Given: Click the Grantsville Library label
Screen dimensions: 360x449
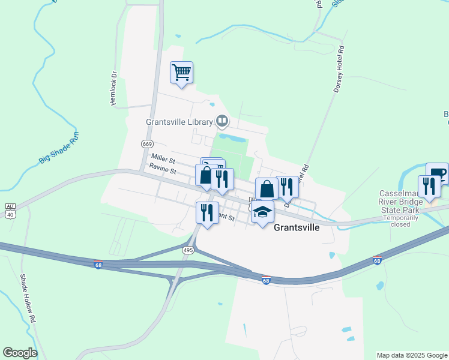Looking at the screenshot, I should [x=179, y=122].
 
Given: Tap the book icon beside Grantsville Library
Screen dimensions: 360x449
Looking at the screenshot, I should [x=222, y=122].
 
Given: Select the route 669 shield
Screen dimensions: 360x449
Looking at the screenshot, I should [x=148, y=144].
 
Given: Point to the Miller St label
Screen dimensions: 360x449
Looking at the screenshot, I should [x=163, y=159].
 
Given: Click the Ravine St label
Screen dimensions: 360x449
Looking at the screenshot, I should [x=163, y=171].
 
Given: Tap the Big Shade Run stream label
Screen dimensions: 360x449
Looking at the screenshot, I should [x=59, y=151].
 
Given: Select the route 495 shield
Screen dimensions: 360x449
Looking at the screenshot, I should [x=188, y=250].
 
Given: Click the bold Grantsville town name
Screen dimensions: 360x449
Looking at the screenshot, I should [x=297, y=228].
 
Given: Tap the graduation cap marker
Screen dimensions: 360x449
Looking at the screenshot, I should [x=262, y=212].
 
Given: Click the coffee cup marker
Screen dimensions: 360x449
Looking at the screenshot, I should [x=438, y=173].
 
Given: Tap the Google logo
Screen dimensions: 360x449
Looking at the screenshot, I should [x=20, y=353].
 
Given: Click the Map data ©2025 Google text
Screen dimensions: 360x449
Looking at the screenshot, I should [x=411, y=355].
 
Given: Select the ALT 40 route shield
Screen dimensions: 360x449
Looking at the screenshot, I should [x=10, y=209].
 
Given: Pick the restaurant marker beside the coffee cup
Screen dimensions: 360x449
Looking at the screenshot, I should [x=429, y=185].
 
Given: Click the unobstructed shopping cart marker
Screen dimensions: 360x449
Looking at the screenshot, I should [x=181, y=73].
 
